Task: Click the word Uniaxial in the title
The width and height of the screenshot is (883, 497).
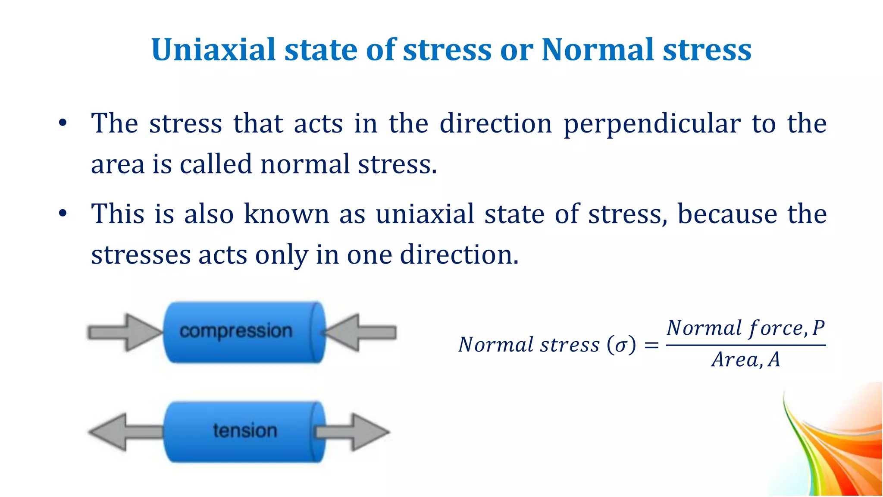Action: pyautogui.click(x=213, y=50)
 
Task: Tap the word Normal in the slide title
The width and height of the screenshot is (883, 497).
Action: pyautogui.click(x=597, y=50)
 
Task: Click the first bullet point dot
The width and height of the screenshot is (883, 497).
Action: pyautogui.click(x=63, y=123)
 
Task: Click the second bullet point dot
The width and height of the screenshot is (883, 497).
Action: pyautogui.click(x=63, y=214)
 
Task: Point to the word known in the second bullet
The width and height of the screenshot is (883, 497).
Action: pyautogui.click(x=287, y=214)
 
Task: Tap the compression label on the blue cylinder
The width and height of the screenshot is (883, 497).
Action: pyautogui.click(x=236, y=331)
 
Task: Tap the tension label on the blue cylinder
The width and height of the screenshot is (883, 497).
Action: pyautogui.click(x=245, y=431)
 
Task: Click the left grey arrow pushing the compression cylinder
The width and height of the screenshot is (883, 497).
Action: pyautogui.click(x=124, y=333)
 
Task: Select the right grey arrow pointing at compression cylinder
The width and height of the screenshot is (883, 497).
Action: pyautogui.click(x=360, y=333)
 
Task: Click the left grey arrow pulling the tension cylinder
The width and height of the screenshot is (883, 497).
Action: pyautogui.click(x=125, y=432)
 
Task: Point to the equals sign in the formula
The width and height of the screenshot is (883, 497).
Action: pyautogui.click(x=651, y=345)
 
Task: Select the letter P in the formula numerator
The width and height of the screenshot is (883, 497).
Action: pyautogui.click(x=818, y=328)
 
